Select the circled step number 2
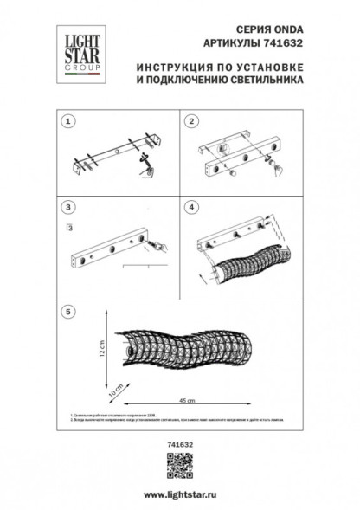[x=193, y=120]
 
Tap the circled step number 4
[x=193, y=209]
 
